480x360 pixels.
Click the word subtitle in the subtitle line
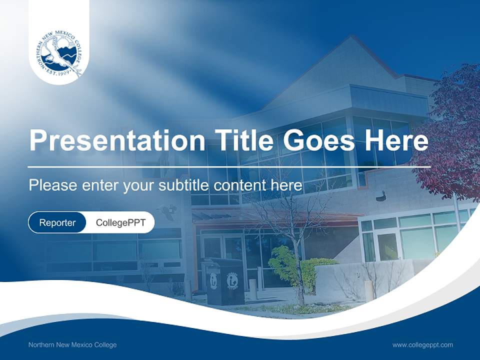185,185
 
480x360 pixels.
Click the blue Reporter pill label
57,222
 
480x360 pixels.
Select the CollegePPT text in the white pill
120,222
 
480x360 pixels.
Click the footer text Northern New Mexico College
72,345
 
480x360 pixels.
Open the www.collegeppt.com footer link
422,345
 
